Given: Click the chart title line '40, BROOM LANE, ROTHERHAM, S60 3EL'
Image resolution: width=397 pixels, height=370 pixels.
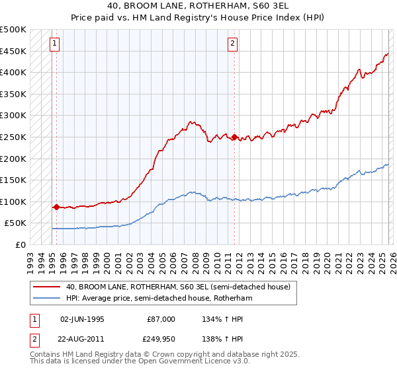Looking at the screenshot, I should tap(198, 6).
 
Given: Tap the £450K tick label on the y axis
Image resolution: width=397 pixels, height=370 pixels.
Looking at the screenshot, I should tap(13, 51).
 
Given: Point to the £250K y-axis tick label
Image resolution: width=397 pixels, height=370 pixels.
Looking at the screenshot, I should tap(13, 137).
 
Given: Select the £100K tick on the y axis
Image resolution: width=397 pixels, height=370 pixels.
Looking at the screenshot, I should tap(13, 202).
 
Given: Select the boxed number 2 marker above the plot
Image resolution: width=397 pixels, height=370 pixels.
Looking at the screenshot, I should tap(233, 44).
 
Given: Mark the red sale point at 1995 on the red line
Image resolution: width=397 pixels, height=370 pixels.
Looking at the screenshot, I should tap(56, 207).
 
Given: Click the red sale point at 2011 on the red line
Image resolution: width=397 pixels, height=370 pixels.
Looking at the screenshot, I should tap(234, 137).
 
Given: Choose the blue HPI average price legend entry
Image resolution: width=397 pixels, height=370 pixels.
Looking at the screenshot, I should tap(159, 298).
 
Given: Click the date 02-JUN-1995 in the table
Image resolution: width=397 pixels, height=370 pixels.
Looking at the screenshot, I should tap(82, 319).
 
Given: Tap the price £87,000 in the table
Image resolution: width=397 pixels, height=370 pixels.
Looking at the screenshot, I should tap(161, 319).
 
